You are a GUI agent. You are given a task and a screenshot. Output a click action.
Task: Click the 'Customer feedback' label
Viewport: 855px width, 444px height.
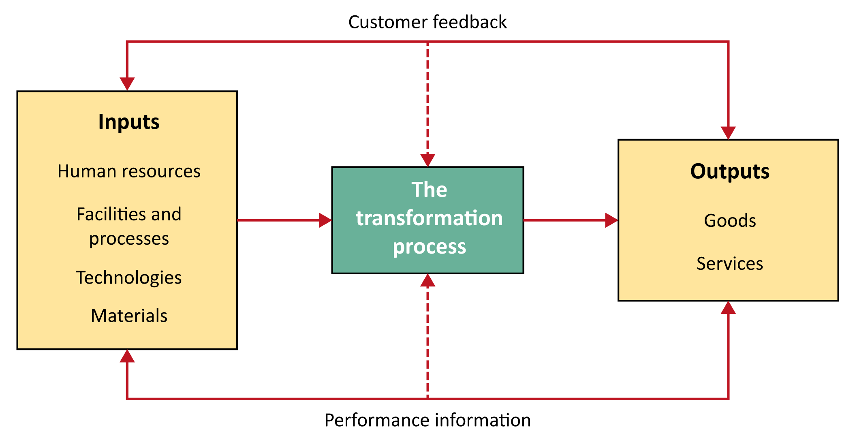click(x=427, y=22)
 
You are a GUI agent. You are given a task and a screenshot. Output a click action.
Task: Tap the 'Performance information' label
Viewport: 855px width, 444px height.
click(x=427, y=420)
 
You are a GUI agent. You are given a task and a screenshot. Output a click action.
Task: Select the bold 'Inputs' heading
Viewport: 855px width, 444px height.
click(x=129, y=122)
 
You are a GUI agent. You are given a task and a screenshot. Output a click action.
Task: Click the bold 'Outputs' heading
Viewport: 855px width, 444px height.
click(x=730, y=171)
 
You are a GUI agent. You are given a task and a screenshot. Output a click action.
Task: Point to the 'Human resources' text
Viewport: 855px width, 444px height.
click(x=129, y=171)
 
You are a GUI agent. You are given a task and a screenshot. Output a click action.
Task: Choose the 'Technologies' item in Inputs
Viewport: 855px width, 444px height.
click(x=129, y=278)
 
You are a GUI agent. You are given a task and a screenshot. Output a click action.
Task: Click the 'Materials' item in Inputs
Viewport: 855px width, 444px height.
click(x=129, y=316)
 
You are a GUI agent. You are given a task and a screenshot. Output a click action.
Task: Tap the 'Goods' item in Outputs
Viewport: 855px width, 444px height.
click(x=730, y=221)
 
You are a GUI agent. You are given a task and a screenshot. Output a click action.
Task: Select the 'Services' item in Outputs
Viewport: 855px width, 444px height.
click(x=730, y=264)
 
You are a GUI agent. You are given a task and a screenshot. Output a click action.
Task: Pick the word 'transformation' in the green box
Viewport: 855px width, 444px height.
click(x=429, y=218)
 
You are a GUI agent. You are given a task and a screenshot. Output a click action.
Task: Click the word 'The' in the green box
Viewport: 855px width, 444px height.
click(x=429, y=190)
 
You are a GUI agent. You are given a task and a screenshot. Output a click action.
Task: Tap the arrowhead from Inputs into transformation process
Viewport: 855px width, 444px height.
click(x=325, y=220)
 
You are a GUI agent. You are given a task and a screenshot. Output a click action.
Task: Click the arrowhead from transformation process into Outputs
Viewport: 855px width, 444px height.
click(x=611, y=220)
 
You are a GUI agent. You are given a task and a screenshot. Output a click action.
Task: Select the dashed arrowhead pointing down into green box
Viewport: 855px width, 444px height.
click(x=427, y=160)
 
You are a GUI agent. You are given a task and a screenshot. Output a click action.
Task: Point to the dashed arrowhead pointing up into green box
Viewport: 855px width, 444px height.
click(x=427, y=280)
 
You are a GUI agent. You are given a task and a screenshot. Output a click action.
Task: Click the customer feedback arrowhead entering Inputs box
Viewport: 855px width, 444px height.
click(x=127, y=84)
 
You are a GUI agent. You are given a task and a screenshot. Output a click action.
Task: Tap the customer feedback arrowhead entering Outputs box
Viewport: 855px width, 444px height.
click(x=728, y=133)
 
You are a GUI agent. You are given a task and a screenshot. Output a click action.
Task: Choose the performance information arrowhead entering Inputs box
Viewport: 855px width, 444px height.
click(x=127, y=356)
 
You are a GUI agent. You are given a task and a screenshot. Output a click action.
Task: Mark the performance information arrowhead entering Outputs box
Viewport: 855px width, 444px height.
click(x=728, y=307)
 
